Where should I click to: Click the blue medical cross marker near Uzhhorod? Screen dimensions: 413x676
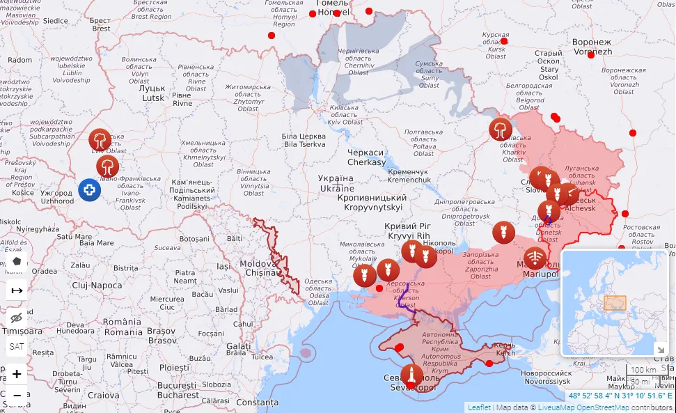89,190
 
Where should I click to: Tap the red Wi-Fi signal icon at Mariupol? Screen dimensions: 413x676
535,258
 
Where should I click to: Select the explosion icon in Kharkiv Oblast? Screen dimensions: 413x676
500,129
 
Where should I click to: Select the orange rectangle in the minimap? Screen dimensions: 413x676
615,303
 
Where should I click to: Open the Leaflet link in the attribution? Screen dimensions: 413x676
478,407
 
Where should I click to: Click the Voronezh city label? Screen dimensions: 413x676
592,47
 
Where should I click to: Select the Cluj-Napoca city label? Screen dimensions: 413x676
97,286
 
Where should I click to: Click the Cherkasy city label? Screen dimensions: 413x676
366,157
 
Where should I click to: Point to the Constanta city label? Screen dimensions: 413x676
257,403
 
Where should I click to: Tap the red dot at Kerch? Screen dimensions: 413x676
489,363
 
